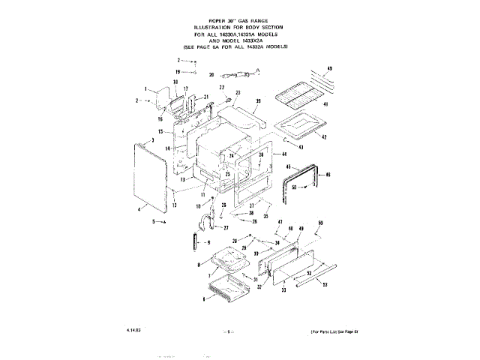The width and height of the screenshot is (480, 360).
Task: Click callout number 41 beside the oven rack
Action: (325, 103)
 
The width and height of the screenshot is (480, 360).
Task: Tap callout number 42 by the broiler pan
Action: (324, 137)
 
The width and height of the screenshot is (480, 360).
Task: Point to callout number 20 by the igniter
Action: (211, 75)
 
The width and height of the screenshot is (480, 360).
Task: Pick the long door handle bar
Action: (319, 274)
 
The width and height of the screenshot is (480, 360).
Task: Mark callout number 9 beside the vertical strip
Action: (208, 243)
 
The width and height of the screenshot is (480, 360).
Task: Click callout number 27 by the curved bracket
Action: (225, 227)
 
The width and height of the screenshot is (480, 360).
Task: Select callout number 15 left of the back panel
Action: (171, 131)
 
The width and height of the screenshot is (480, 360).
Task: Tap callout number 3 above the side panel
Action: (152, 140)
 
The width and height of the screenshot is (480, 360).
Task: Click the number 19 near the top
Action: (178, 71)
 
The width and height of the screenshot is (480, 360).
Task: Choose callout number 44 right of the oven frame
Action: (284, 153)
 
